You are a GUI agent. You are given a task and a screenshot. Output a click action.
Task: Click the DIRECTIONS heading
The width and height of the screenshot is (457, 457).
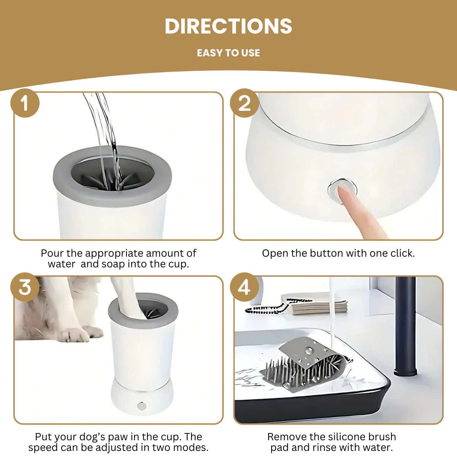click(x=228, y=26)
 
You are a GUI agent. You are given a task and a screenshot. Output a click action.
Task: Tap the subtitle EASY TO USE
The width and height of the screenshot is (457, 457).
click(x=228, y=53)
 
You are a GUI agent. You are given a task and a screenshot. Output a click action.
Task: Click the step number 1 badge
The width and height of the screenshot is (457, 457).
click(x=25, y=103)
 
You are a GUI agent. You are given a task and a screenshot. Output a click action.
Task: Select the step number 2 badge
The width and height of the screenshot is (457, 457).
click(x=244, y=103)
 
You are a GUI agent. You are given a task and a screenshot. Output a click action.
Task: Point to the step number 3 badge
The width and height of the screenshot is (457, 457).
click(x=25, y=287)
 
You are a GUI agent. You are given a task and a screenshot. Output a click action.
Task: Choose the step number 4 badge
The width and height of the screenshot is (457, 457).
click(x=244, y=287)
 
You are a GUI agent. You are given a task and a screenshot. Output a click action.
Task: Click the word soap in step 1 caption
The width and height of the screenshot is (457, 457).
click(x=113, y=264)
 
